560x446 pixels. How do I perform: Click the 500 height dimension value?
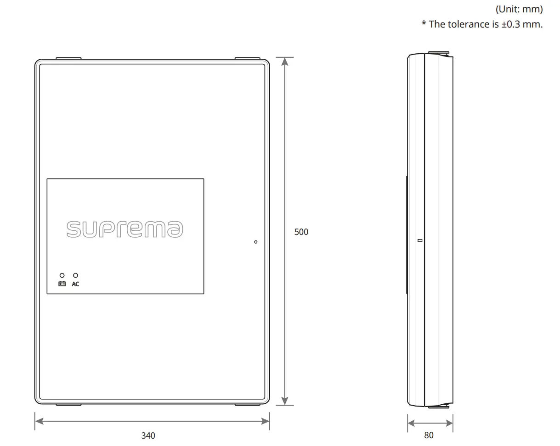coord(301,232)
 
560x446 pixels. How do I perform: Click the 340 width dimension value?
coord(148,435)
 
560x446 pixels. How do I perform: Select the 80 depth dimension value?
coord(429,435)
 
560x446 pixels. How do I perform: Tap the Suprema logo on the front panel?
coord(125,229)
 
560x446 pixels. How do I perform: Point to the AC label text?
coord(75,284)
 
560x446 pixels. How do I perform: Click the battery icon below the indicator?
coord(62,284)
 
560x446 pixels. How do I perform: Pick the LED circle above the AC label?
coord(75,275)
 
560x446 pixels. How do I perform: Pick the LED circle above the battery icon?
coord(62,275)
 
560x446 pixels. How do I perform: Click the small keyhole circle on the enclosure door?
coord(256,242)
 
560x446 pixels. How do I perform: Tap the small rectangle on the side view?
coord(419,240)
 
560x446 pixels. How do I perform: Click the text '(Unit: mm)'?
coord(519,9)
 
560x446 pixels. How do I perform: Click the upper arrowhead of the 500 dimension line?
coord(285,61)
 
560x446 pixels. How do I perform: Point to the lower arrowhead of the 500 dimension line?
coord(285,401)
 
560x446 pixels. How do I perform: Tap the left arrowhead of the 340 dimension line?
coord(39,421)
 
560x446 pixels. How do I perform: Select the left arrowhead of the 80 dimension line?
coord(411,423)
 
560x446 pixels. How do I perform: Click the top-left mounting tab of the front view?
coord(68,58)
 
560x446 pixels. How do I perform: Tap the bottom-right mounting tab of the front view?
coord(247,405)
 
